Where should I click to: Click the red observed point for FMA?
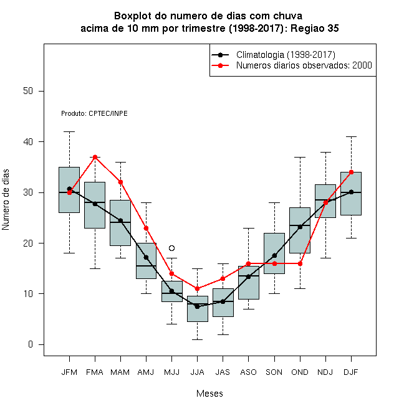click(x=95, y=158)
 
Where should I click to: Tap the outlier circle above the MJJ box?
click(x=171, y=248)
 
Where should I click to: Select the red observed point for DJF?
click(x=351, y=172)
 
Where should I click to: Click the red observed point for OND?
click(x=300, y=263)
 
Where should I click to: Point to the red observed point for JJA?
click(x=198, y=289)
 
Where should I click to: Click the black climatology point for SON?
click(x=274, y=255)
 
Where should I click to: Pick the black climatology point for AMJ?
click(x=147, y=257)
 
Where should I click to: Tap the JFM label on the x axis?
click(x=69, y=372)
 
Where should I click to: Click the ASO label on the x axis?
click(x=248, y=372)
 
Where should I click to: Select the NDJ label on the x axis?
click(x=325, y=372)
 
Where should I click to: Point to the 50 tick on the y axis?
click(x=28, y=91)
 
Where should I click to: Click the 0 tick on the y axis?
click(x=31, y=344)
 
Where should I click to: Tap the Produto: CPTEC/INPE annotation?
click(x=94, y=113)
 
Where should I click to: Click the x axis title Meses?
click(x=209, y=394)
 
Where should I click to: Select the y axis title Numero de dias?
click(x=6, y=200)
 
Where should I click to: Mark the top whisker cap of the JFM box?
click(x=69, y=131)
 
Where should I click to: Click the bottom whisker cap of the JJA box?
click(x=198, y=339)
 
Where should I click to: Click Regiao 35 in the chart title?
click(x=315, y=28)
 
